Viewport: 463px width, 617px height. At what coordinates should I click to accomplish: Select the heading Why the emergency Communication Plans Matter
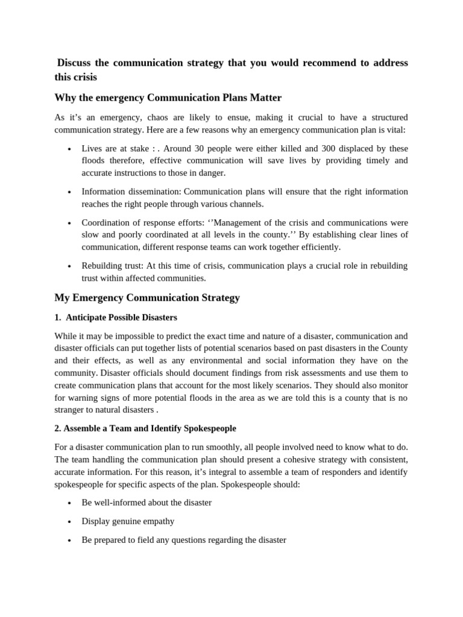point(168,98)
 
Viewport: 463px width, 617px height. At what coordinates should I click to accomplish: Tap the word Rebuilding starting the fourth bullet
point(102,266)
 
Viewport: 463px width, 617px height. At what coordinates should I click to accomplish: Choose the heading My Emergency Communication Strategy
point(147,298)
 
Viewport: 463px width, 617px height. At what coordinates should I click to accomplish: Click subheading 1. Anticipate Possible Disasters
point(116,318)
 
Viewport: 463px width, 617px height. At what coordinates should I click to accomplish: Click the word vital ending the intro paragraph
point(397,129)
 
